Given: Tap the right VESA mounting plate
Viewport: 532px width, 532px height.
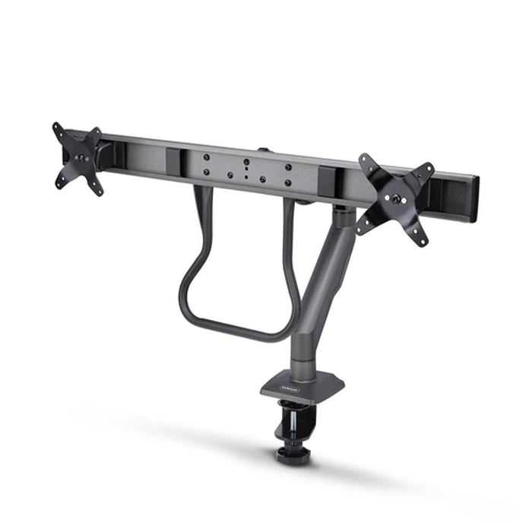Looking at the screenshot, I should coord(394,198).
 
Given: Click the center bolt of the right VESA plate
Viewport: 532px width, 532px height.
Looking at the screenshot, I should coord(395,198).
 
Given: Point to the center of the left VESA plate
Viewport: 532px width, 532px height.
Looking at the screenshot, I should coord(79,157).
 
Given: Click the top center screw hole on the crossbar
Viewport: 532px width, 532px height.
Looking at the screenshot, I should coord(246,161).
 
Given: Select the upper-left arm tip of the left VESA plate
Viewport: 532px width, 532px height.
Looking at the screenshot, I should coord(57,127).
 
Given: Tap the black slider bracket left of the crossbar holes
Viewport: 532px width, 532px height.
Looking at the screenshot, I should coord(175,161).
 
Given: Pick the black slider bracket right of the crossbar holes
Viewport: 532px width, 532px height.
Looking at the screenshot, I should coord(330,180).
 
